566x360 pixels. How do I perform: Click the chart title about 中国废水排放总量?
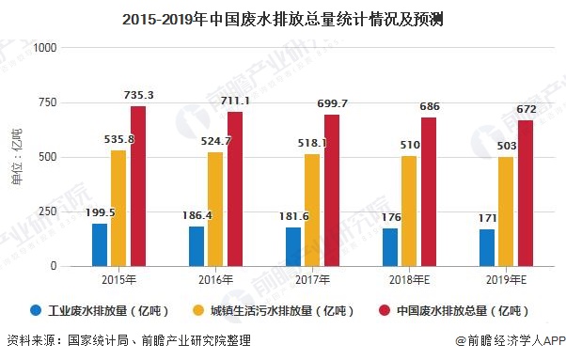pos(282,16)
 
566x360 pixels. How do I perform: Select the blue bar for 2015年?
pos(100,244)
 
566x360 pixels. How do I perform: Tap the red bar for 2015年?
pos(138,186)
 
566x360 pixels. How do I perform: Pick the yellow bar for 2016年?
pos(215,209)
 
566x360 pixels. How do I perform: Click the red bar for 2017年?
pos(332,190)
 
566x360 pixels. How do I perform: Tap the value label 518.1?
pos(313,143)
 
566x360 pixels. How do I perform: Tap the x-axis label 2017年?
pos(312,280)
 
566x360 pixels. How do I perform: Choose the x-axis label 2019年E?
pos(506,280)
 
